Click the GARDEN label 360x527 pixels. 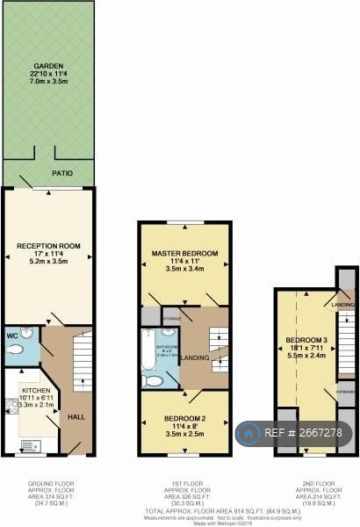pos(47,66)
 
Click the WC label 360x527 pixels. pos(12,335)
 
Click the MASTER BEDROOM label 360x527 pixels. pos(184,254)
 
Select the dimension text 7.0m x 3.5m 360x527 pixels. pos(47,81)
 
